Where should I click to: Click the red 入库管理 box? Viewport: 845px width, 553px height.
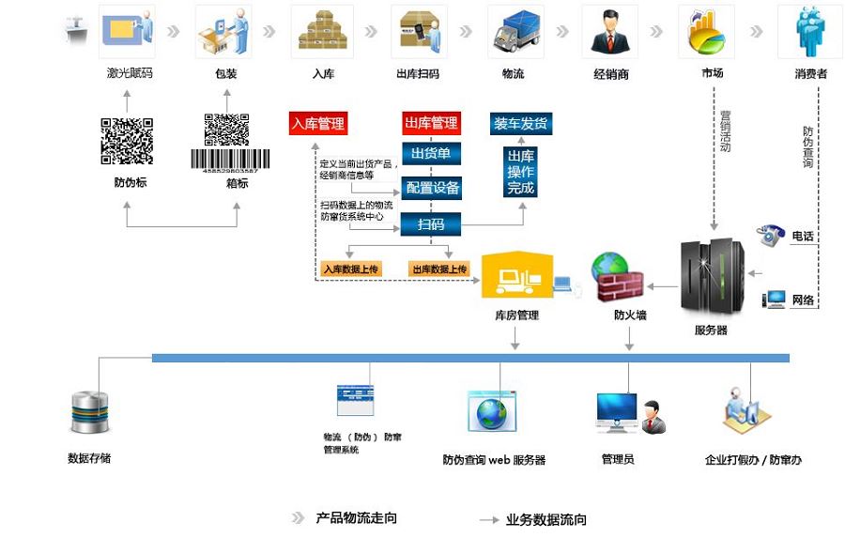[317, 123]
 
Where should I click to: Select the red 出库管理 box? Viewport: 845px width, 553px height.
[431, 123]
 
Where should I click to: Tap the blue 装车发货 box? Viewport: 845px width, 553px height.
[520, 123]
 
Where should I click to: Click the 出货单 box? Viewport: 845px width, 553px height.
[431, 154]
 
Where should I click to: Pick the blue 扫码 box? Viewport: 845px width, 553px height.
[431, 223]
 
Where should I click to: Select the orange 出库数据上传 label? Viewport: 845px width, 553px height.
[438, 269]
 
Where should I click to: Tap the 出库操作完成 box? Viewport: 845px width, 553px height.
[520, 173]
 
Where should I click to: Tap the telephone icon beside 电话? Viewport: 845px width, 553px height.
[772, 235]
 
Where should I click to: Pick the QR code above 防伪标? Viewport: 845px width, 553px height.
[127, 141]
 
